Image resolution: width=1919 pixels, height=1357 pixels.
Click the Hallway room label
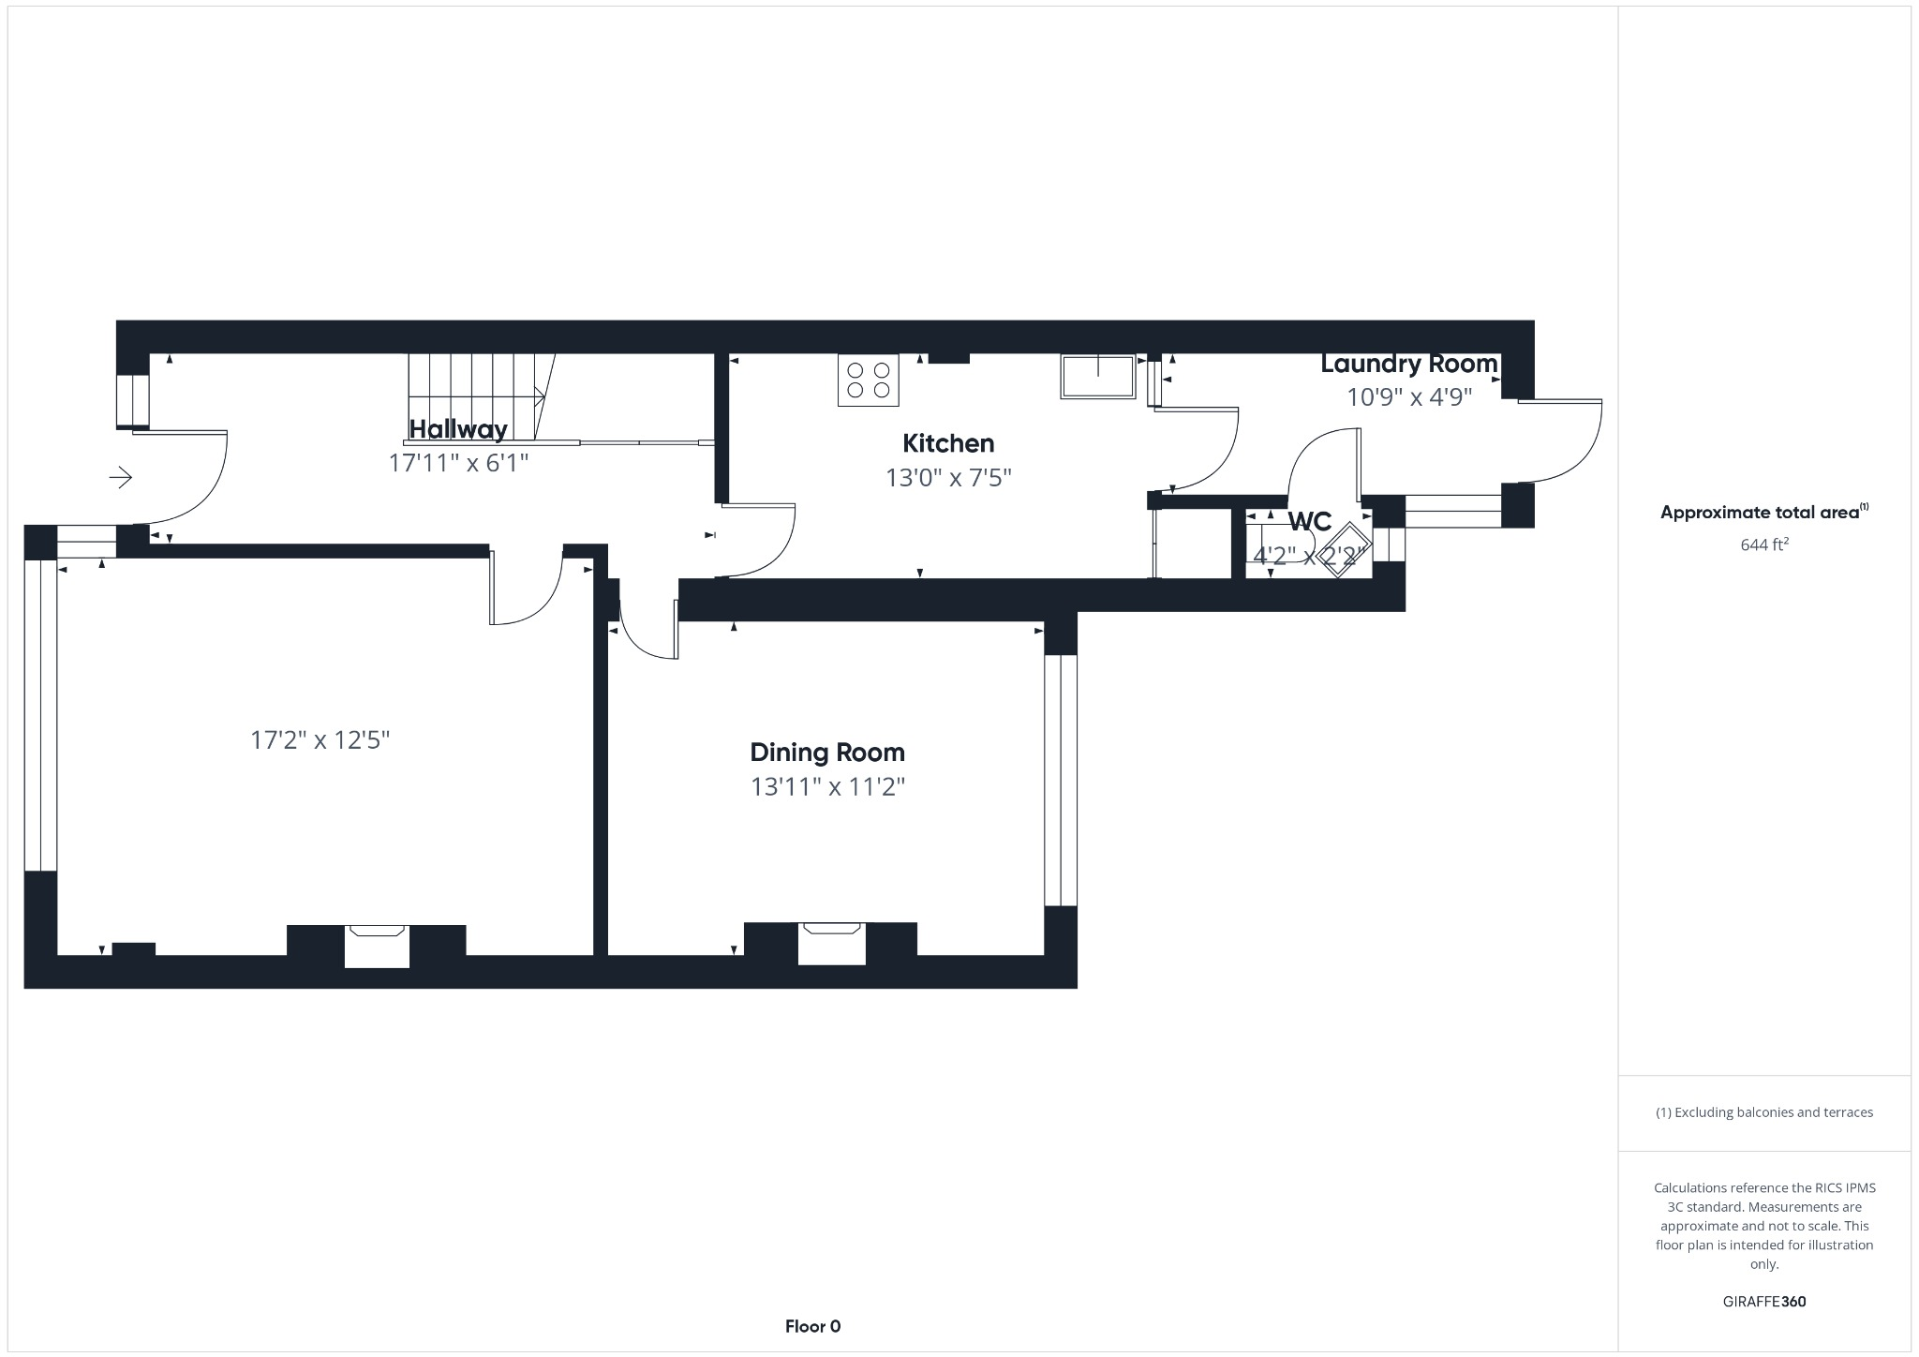(458, 429)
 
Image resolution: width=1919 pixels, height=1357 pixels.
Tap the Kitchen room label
(948, 443)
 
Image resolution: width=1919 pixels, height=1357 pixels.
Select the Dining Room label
(827, 753)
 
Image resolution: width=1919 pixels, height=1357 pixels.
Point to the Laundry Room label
(1409, 364)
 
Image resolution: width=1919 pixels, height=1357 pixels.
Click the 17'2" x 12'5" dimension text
(320, 740)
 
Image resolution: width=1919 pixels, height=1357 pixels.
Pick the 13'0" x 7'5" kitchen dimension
(948, 478)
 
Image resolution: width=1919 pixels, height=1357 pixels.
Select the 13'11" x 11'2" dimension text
(827, 786)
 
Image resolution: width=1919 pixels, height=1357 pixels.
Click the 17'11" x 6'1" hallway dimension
(458, 463)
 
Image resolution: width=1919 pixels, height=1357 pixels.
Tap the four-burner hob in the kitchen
(868, 380)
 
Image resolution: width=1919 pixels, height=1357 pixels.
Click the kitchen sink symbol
(1098, 376)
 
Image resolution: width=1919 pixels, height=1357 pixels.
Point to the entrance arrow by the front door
(121, 478)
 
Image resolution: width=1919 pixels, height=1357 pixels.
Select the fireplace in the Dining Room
(831, 943)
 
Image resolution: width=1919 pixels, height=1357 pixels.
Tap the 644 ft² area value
(1764, 544)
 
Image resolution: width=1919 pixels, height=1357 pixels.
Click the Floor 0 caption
(812, 1326)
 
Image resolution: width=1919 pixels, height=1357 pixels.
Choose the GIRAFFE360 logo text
(1764, 1302)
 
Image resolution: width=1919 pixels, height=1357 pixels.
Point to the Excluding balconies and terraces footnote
(1764, 1112)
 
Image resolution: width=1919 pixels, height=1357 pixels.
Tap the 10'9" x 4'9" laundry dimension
(1409, 397)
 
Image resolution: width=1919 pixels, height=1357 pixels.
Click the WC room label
(1309, 522)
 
